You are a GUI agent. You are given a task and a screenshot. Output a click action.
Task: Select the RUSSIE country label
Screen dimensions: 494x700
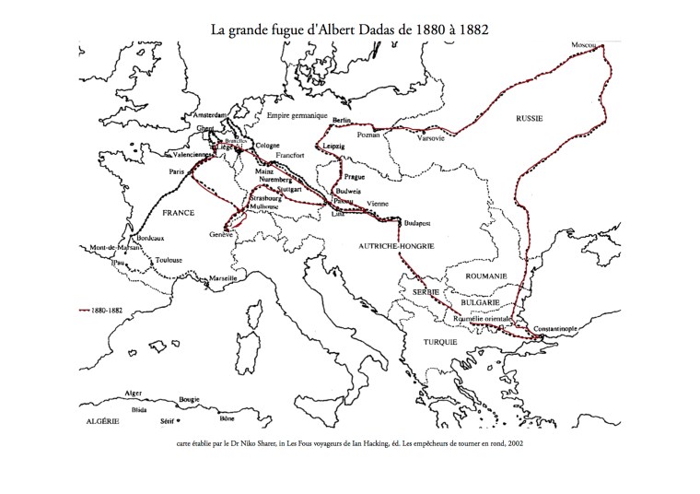click(x=529, y=119)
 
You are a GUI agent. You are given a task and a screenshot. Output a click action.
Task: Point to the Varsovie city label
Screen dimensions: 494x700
click(x=430, y=138)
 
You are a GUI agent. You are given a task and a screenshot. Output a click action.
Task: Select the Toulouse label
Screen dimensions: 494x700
click(x=172, y=260)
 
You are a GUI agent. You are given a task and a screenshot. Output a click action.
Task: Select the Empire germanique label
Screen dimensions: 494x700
click(x=297, y=115)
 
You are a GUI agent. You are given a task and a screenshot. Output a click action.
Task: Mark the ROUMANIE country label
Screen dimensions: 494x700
click(x=486, y=276)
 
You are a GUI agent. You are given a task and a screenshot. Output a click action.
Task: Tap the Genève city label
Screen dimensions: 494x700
click(x=224, y=234)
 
